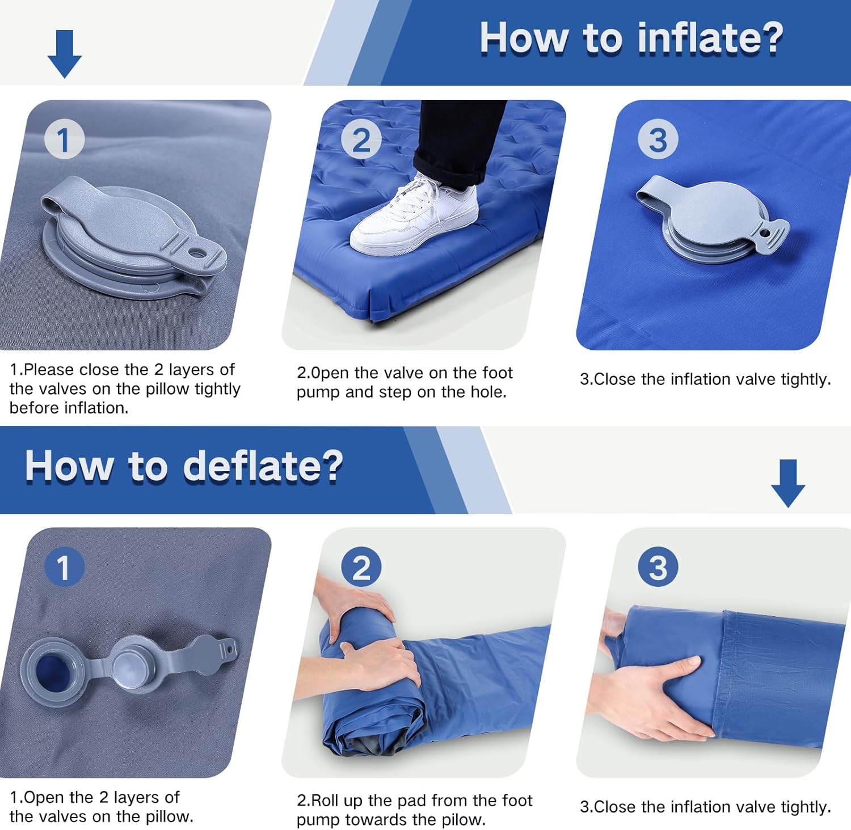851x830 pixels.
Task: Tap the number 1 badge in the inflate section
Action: (64, 139)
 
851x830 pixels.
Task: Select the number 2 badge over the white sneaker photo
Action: (361, 139)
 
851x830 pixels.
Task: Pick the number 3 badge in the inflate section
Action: (658, 139)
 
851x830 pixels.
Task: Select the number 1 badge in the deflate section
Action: (64, 567)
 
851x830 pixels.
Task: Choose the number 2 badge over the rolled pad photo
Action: (361, 567)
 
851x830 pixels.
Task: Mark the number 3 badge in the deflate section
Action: (658, 567)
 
